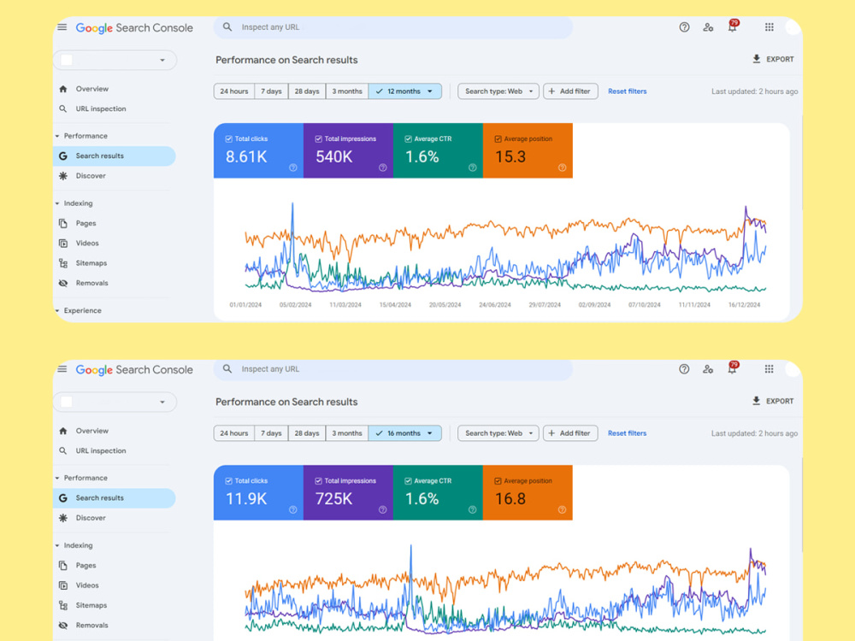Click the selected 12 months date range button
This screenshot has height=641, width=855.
404,91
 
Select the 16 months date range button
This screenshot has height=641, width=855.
404,433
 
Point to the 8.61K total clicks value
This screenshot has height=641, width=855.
246,157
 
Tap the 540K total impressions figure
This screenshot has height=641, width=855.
334,157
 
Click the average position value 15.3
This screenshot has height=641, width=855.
510,157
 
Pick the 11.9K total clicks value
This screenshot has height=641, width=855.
246,499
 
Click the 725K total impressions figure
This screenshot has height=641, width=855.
334,499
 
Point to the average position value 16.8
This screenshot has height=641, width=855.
510,499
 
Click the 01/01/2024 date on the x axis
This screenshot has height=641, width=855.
245,305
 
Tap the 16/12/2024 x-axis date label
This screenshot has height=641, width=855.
745,305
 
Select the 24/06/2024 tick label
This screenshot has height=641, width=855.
494,305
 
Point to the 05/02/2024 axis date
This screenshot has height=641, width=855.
296,305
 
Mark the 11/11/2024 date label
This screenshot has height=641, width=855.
694,305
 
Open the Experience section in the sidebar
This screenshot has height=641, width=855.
82,311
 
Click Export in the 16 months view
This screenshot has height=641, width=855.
773,401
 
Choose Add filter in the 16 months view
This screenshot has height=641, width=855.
570,433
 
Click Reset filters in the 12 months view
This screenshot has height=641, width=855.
627,91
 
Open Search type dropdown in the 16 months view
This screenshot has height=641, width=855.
498,433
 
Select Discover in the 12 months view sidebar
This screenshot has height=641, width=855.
91,176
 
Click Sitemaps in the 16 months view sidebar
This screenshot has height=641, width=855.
91,606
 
